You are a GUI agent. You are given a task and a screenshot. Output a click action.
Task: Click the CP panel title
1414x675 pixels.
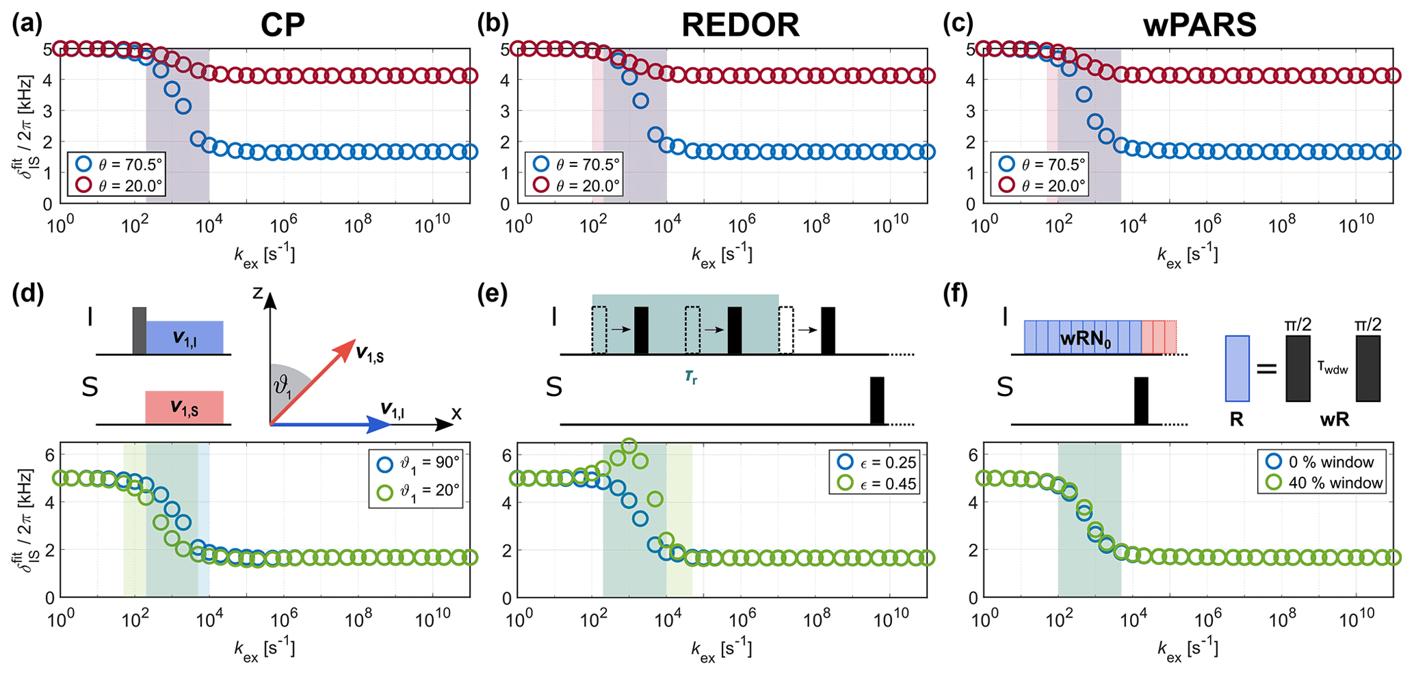pyautogui.click(x=283, y=25)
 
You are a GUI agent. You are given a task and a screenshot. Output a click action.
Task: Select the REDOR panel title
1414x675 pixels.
pyautogui.click(x=740, y=25)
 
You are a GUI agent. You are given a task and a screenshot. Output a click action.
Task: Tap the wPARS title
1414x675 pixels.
pyautogui.click(x=1199, y=25)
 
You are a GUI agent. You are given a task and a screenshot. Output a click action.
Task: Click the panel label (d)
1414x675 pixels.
pyautogui.click(x=27, y=295)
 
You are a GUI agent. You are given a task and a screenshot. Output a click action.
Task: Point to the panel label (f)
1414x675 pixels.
pyautogui.click(x=955, y=295)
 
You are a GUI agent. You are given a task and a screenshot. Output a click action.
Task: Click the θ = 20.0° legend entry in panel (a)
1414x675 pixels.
pyautogui.click(x=120, y=185)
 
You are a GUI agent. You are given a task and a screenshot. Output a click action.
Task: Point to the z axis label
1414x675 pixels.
pyautogui.click(x=257, y=293)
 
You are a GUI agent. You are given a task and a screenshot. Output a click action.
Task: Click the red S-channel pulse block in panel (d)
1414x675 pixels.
pyautogui.click(x=184, y=408)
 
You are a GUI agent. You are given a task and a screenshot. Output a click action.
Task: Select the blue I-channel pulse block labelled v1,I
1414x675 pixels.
pyautogui.click(x=184, y=337)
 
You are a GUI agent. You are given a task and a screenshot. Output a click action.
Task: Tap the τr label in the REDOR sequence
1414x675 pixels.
pyautogui.click(x=692, y=377)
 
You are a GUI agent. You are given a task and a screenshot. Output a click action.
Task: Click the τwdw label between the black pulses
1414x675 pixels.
pyautogui.click(x=1333, y=368)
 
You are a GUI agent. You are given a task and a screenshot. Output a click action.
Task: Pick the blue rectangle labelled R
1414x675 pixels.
pyautogui.click(x=1237, y=368)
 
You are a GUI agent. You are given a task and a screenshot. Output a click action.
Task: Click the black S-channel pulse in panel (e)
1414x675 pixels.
pyautogui.click(x=877, y=401)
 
